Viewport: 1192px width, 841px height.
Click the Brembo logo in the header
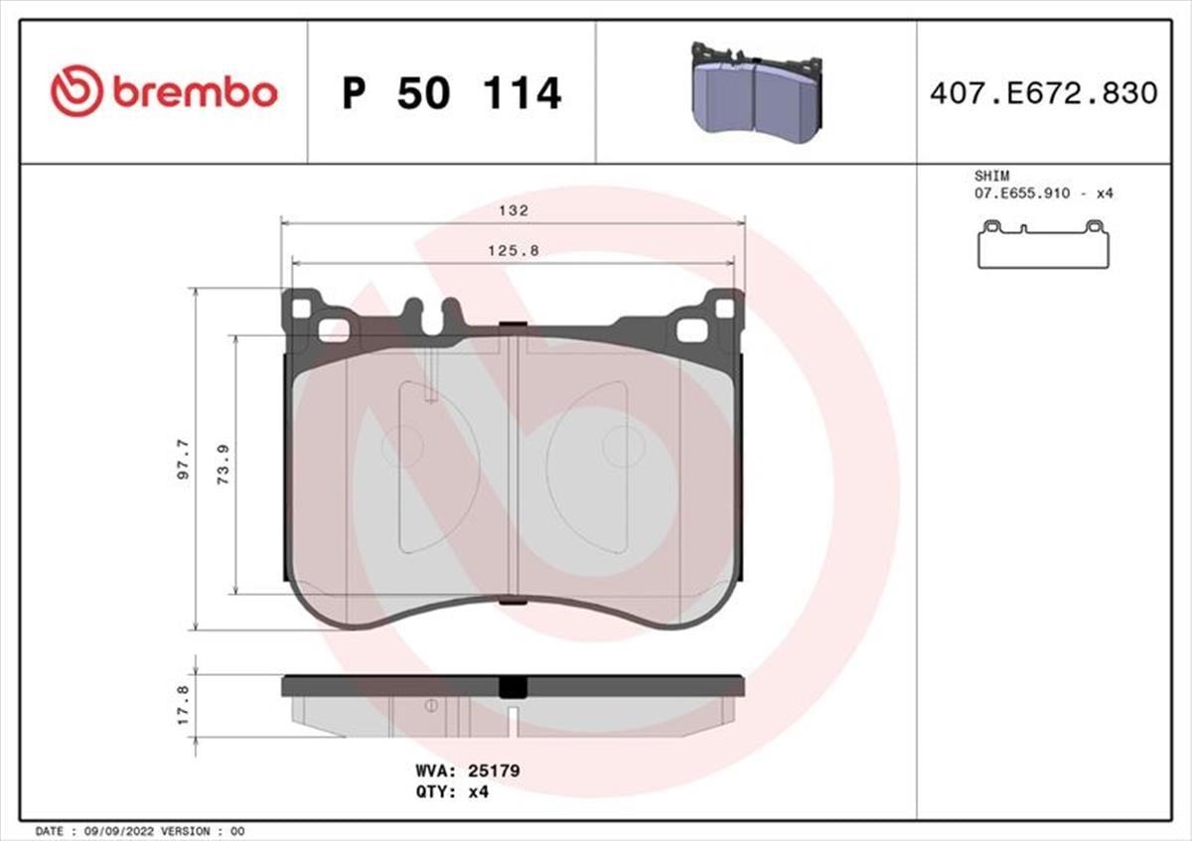click(x=164, y=92)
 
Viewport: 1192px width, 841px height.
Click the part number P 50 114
click(x=452, y=93)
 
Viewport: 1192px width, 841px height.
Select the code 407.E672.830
click(x=1043, y=93)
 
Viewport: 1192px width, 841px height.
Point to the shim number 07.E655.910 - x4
click(x=1044, y=193)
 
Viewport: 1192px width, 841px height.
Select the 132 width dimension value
click(x=514, y=211)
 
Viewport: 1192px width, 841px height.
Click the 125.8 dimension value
click(x=514, y=251)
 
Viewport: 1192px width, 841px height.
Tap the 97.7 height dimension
click(x=182, y=460)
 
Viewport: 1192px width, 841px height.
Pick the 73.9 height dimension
click(x=223, y=465)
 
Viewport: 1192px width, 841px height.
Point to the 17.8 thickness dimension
click(x=182, y=705)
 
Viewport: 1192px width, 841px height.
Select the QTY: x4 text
click(x=452, y=791)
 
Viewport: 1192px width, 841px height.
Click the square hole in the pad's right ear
click(x=723, y=309)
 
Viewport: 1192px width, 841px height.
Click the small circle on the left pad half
click(x=403, y=444)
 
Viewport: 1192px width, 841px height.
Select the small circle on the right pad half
click(x=624, y=445)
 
